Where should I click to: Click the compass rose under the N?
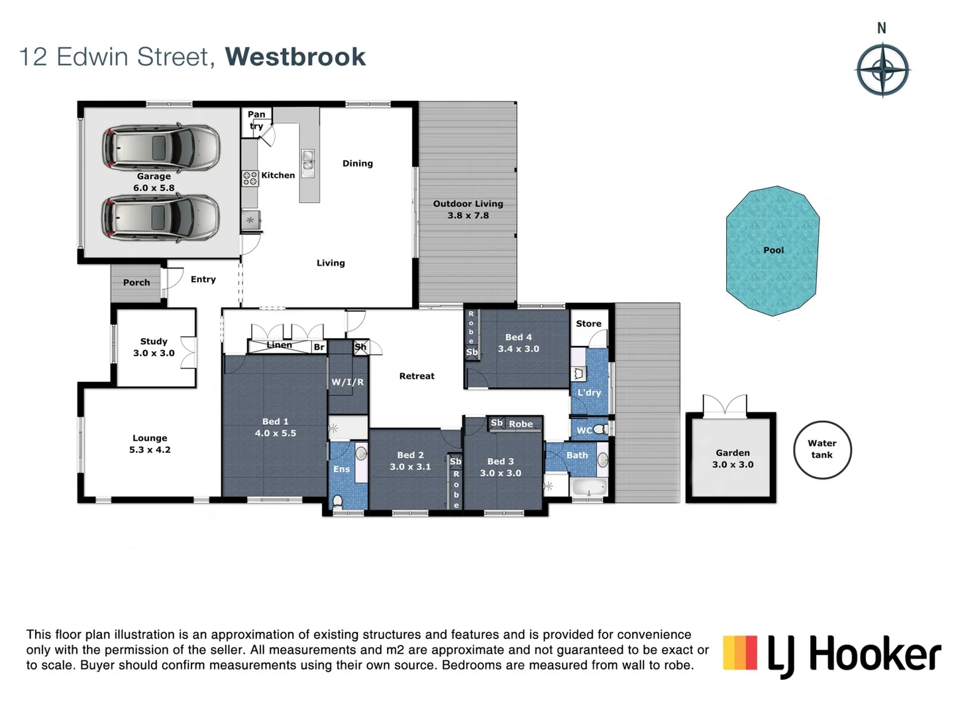[882, 70]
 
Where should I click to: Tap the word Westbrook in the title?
[295, 57]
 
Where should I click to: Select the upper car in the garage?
[161, 147]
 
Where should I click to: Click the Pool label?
[773, 250]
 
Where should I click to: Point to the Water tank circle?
[822, 449]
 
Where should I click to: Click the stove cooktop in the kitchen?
[250, 178]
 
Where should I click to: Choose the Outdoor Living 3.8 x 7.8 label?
[468, 209]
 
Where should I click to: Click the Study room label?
[154, 341]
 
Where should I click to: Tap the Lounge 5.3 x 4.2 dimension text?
[150, 449]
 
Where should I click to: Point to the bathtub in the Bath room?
[588, 488]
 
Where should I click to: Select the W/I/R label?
[348, 382]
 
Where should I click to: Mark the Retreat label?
[417, 376]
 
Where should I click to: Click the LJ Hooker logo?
[831, 654]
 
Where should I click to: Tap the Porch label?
[136, 282]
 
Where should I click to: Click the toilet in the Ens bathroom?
[338, 501]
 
